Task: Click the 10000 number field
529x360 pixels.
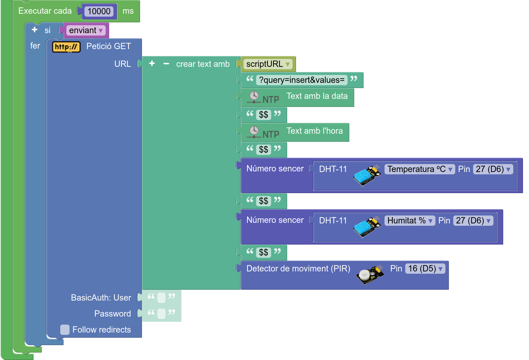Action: click(x=99, y=11)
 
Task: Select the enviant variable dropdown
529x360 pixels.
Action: click(x=85, y=30)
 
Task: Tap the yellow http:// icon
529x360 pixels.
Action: click(x=66, y=47)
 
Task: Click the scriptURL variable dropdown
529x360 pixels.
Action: click(x=268, y=64)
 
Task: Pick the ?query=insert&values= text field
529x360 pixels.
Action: click(x=302, y=80)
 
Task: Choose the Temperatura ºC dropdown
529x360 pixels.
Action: click(x=419, y=169)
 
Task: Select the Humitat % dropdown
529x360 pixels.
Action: click(x=409, y=221)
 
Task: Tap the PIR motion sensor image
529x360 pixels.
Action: click(x=369, y=275)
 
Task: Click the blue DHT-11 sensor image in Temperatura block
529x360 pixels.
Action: click(x=367, y=175)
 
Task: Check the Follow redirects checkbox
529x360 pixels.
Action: click(x=65, y=330)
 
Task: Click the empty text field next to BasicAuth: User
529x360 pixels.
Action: click(x=161, y=298)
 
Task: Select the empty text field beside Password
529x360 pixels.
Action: click(x=161, y=314)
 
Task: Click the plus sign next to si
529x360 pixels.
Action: click(x=35, y=30)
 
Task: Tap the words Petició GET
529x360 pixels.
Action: click(x=108, y=46)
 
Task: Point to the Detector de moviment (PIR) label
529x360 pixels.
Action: click(x=298, y=269)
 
